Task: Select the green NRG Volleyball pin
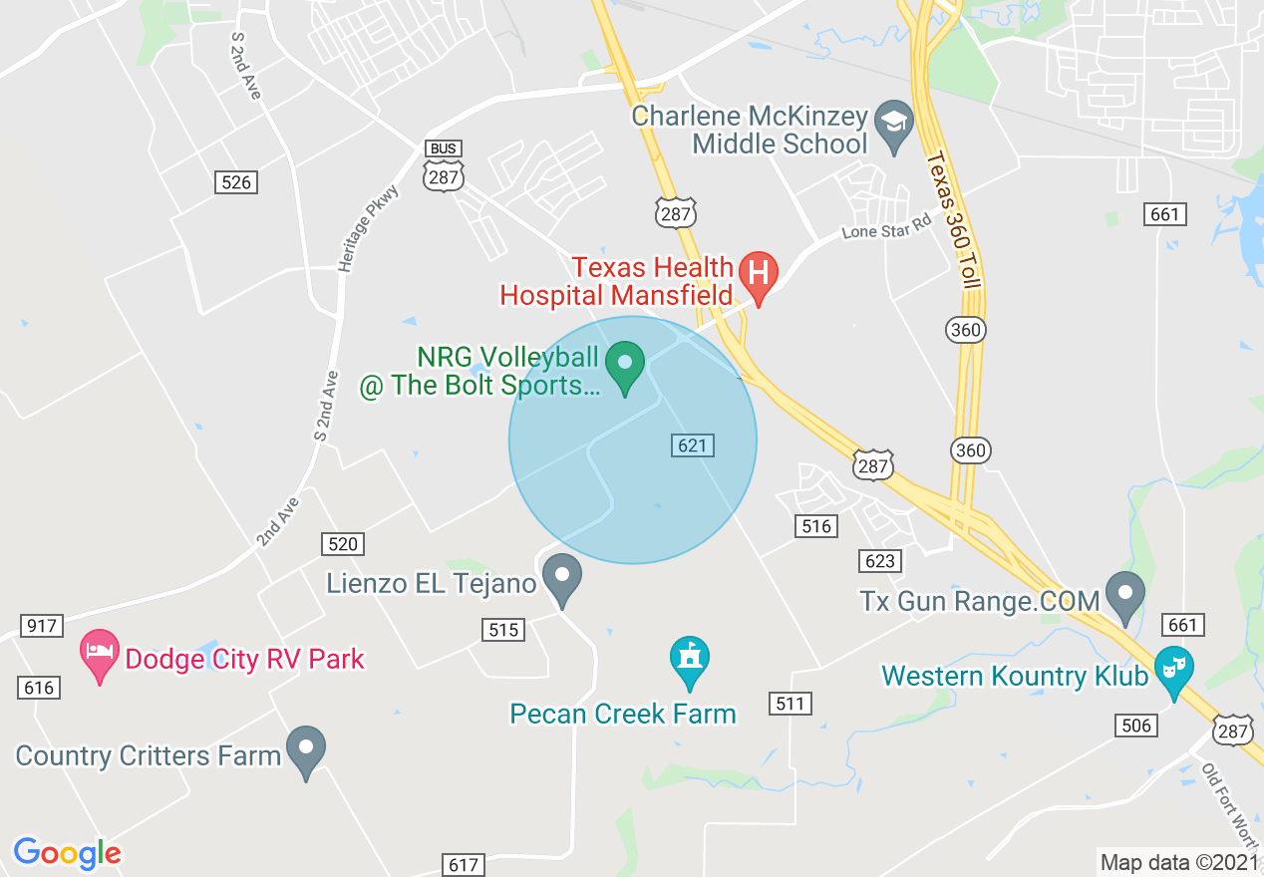(x=626, y=366)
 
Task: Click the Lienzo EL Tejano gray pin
(x=562, y=579)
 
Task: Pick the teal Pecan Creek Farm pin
(x=690, y=661)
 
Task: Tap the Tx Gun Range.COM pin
(x=1126, y=596)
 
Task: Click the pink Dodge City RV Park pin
(x=100, y=655)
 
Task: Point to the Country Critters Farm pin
(x=306, y=750)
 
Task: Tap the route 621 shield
(x=693, y=445)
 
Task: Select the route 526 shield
(x=235, y=182)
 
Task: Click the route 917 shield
(x=41, y=626)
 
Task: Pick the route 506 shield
(x=1136, y=726)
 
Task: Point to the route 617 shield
(x=464, y=865)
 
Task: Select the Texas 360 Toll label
(x=952, y=220)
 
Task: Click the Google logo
(x=67, y=853)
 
